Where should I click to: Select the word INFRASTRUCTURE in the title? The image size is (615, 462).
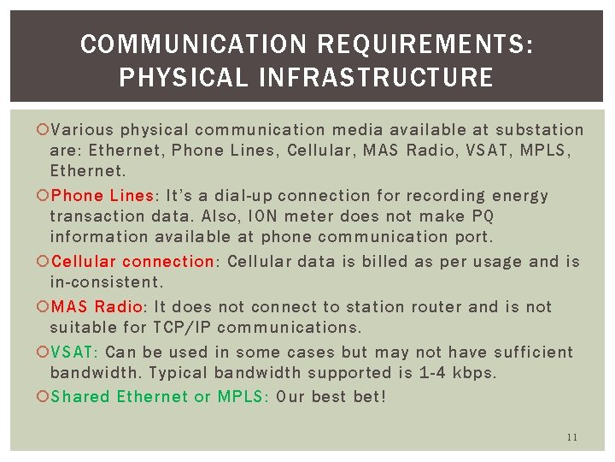[370, 79]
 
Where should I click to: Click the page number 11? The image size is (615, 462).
[571, 437]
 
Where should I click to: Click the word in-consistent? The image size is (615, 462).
[105, 281]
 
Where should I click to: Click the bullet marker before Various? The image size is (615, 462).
[43, 130]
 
